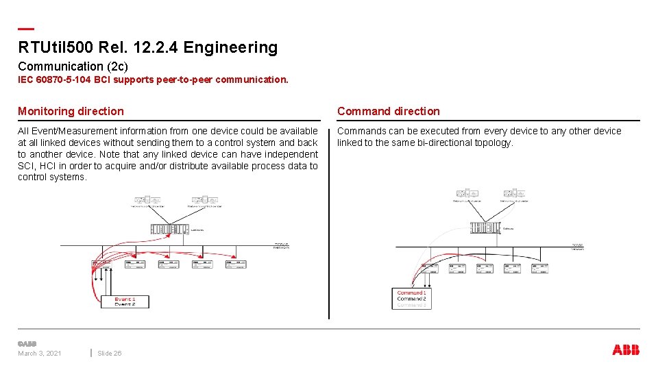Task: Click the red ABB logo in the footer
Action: point(626,350)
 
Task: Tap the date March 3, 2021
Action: point(39,354)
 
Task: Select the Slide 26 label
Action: point(110,354)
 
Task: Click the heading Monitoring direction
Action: point(71,111)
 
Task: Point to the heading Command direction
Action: point(388,111)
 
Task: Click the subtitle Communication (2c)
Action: point(73,66)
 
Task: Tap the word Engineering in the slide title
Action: point(230,47)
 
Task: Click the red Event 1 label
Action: point(125,299)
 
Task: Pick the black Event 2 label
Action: point(125,305)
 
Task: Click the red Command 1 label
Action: point(411,293)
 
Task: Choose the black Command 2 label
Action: point(411,299)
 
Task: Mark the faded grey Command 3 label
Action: point(411,305)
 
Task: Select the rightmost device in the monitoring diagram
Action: point(234,264)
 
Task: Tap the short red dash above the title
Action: point(25,29)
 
